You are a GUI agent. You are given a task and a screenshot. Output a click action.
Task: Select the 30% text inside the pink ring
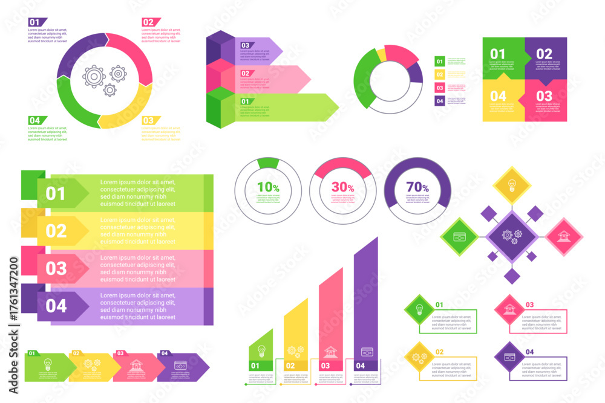[342, 187]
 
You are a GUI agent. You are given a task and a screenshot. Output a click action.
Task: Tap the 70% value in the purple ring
[417, 187]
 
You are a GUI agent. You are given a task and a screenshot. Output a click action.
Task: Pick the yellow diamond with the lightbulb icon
[512, 185]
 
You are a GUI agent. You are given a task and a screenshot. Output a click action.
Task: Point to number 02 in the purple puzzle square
[544, 54]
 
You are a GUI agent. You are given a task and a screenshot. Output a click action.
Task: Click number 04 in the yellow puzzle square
[498, 96]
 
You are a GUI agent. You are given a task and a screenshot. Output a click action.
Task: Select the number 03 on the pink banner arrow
[56, 268]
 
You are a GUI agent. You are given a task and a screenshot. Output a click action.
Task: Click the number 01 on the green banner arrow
[56, 194]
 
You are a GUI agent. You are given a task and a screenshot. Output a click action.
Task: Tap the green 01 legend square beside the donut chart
[440, 61]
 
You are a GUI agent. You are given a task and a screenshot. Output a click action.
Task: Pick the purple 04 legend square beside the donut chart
[440, 101]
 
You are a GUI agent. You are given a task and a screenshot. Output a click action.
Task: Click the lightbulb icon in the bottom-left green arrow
[47, 365]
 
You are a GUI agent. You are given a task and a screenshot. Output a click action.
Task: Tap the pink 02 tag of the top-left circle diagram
[149, 22]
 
